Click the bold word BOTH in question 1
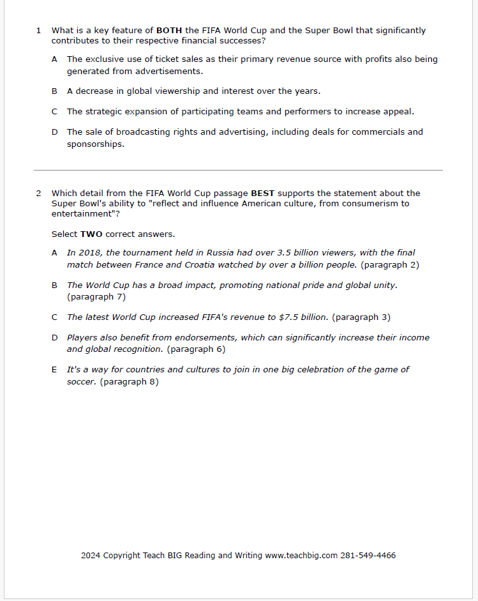click(169, 30)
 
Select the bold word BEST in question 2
click(263, 193)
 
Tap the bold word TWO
click(91, 234)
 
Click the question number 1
click(39, 30)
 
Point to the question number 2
click(39, 193)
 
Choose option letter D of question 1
click(55, 132)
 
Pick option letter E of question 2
click(55, 370)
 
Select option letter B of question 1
click(55, 91)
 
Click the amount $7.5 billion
click(303, 317)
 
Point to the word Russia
click(220, 253)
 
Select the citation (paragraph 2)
click(390, 264)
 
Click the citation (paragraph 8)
click(130, 382)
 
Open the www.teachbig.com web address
click(301, 556)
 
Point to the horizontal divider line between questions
click(238, 171)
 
